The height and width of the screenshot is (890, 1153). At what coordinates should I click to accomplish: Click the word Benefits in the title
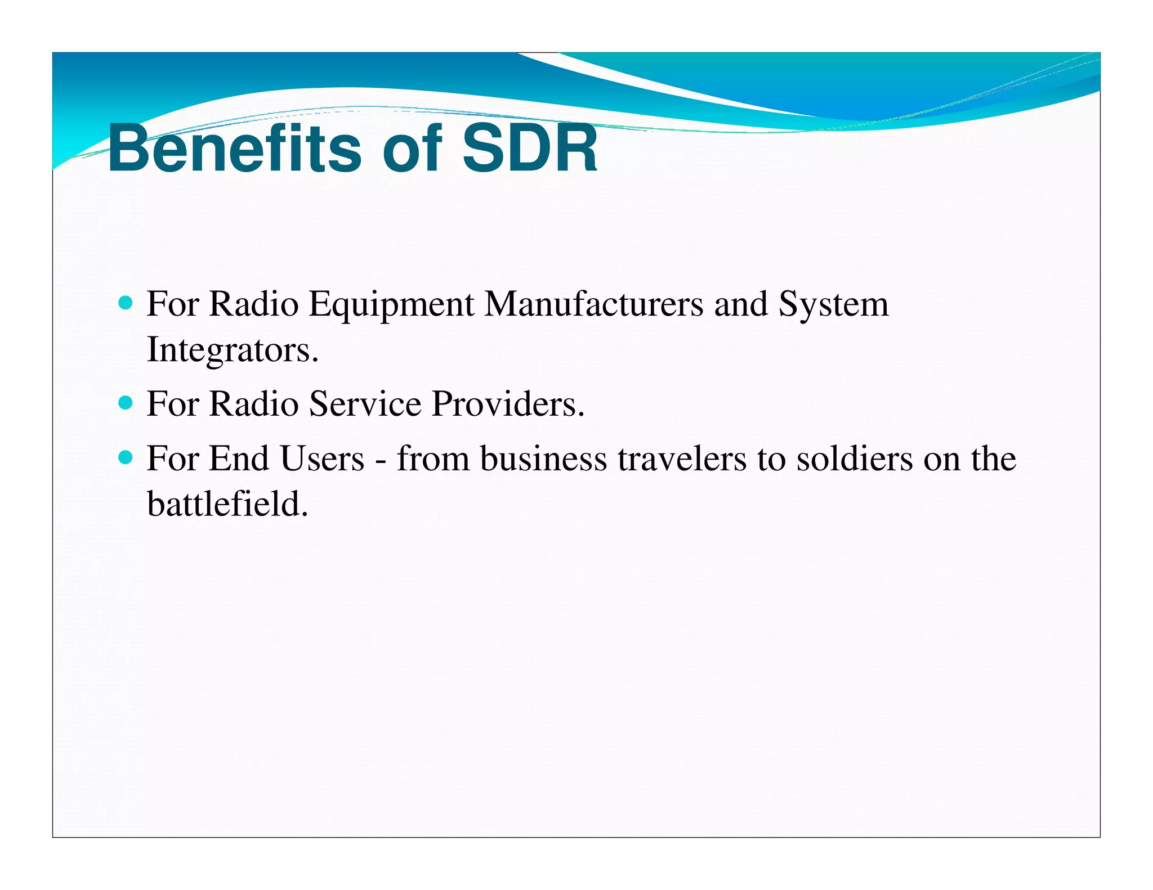click(x=234, y=149)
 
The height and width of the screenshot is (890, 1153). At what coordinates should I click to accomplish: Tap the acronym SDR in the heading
click(x=529, y=149)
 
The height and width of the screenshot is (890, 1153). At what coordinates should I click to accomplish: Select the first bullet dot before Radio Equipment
click(x=126, y=304)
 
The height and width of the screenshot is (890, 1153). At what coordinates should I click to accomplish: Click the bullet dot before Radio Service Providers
click(x=126, y=403)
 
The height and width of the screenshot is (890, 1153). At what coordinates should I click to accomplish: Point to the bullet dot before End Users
click(x=126, y=457)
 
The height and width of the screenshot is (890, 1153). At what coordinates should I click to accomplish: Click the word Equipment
click(x=391, y=305)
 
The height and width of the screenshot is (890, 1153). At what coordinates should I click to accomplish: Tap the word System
click(x=833, y=305)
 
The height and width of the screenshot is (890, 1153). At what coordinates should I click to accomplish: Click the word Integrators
click(x=232, y=350)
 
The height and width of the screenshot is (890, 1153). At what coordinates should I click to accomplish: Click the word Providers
click(x=508, y=403)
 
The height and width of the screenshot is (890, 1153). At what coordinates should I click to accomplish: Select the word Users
click(x=322, y=458)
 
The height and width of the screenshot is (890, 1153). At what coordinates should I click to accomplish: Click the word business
click(x=543, y=458)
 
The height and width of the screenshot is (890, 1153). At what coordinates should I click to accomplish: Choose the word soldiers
click(x=854, y=458)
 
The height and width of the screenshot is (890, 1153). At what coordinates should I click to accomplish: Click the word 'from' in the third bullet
click(x=433, y=458)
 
